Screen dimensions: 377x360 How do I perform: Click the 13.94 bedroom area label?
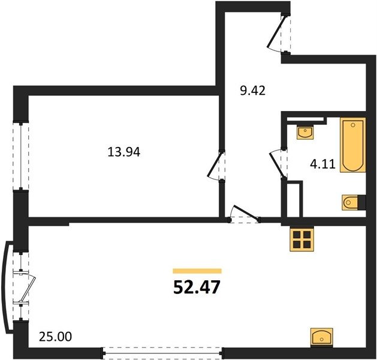[124, 152]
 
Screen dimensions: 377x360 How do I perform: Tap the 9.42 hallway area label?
[253, 91]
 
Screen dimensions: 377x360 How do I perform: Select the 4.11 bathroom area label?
[322, 164]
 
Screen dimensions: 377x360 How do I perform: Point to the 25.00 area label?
[55, 337]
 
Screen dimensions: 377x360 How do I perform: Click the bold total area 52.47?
[197, 287]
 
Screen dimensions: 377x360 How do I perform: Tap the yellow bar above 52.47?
[197, 271]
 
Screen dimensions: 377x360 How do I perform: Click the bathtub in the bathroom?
[352, 145]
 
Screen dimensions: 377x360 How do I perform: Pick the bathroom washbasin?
[306, 132]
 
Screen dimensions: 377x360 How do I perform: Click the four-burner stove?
[301, 239]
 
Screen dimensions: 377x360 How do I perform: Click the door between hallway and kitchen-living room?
[245, 214]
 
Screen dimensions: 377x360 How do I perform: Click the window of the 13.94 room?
[21, 156]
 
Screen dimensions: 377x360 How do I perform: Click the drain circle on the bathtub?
[353, 125]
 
